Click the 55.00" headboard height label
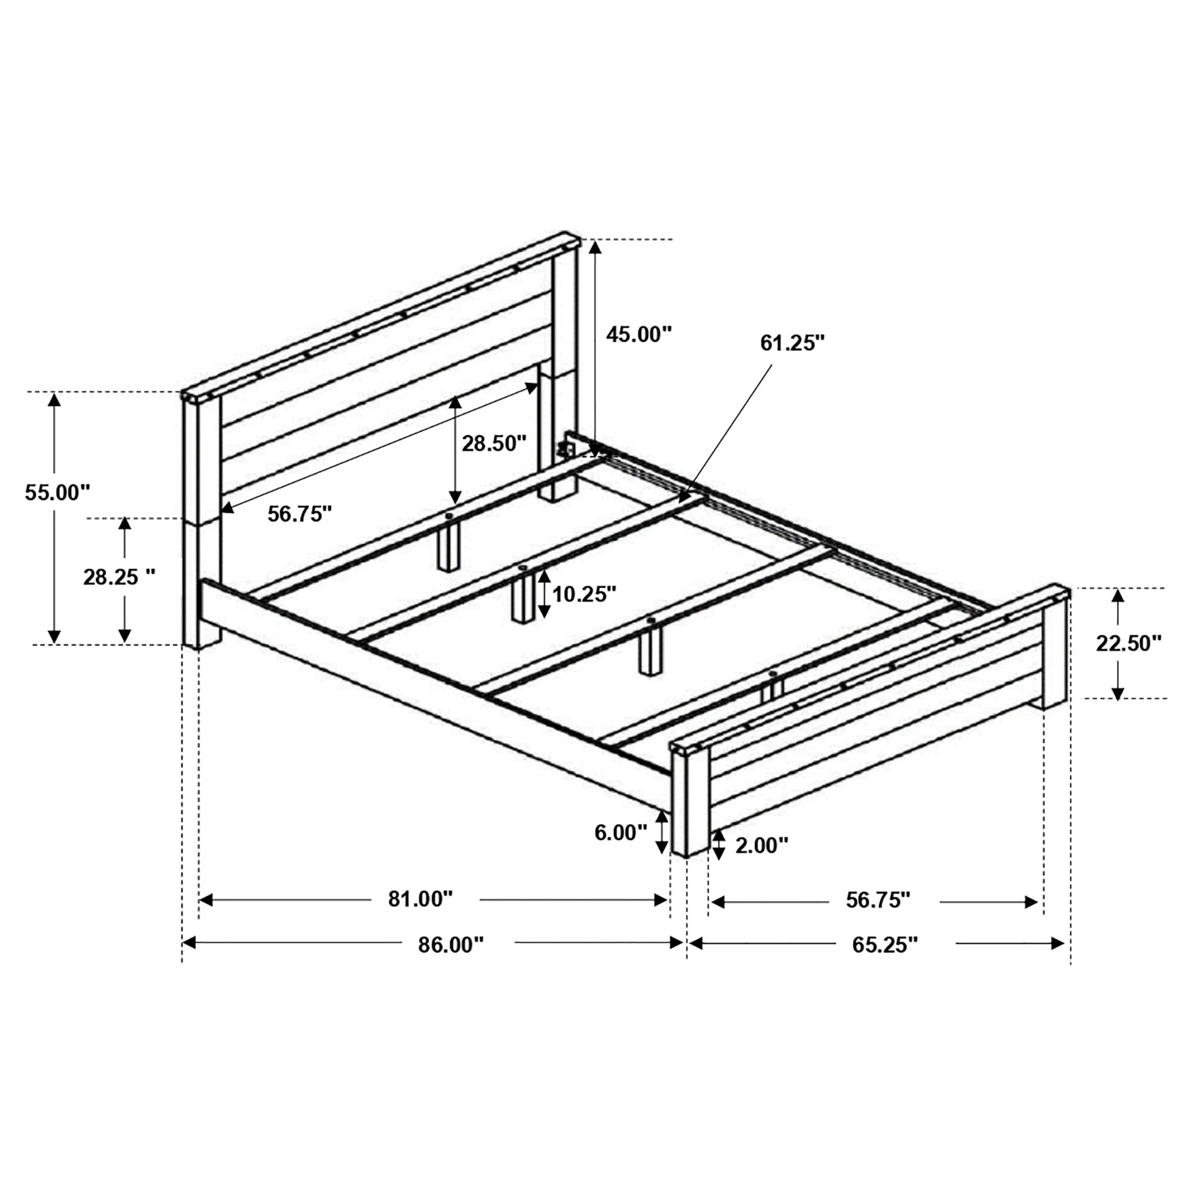[x=57, y=493]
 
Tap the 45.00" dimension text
[x=638, y=334]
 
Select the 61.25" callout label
[x=792, y=343]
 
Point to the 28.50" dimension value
[x=494, y=443]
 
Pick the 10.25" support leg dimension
[x=584, y=594]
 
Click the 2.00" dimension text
[x=762, y=845]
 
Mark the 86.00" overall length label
[x=451, y=945]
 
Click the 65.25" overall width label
[x=885, y=945]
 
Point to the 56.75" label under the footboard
[x=878, y=900]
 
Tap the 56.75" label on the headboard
[x=300, y=514]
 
